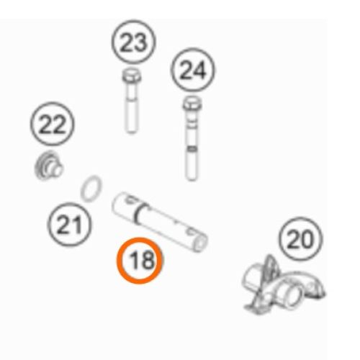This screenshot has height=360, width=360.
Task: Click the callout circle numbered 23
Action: pos(134,42)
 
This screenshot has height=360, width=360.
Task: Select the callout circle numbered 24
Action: pos(193,70)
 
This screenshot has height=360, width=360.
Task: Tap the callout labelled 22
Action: pos(53,124)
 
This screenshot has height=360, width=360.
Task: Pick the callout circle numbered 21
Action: pos(70,225)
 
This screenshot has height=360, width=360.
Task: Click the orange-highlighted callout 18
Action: pos(140,260)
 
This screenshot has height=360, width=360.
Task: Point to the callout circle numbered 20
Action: pos(301,239)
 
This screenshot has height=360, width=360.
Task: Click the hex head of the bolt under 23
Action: pos(131,75)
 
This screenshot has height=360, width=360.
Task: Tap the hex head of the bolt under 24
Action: pos(192,103)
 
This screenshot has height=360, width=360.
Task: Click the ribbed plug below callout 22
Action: pos(48,166)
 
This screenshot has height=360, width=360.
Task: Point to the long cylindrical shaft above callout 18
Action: pos(160,222)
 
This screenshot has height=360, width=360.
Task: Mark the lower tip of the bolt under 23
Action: pos(131,132)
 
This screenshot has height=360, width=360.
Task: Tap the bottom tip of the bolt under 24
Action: pos(192,179)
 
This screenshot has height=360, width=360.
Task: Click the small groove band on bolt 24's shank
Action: pos(192,149)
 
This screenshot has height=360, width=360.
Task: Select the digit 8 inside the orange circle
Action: pos(147,260)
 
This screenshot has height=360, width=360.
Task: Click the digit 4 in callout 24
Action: pos(199,70)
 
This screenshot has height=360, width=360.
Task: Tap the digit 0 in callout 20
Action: pos(307,239)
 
